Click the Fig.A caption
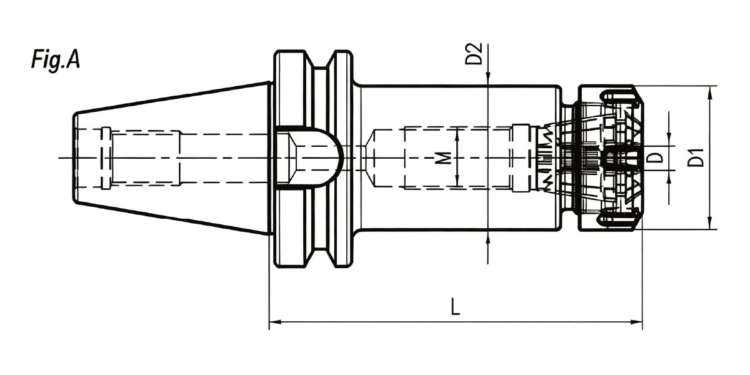click(x=56, y=59)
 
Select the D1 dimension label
click(x=696, y=157)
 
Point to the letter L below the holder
click(x=456, y=306)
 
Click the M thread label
click(x=444, y=158)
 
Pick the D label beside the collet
click(x=654, y=157)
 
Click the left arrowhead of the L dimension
click(x=275, y=322)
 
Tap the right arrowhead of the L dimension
click(x=637, y=322)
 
